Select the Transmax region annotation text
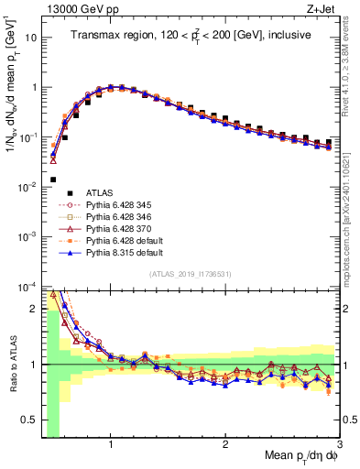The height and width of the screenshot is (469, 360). point(192,35)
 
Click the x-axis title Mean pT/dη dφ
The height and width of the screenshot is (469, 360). point(299,457)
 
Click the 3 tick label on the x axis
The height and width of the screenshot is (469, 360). point(340,444)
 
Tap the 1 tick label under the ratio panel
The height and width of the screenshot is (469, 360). point(111,444)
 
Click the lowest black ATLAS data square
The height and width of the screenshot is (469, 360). point(53,180)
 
